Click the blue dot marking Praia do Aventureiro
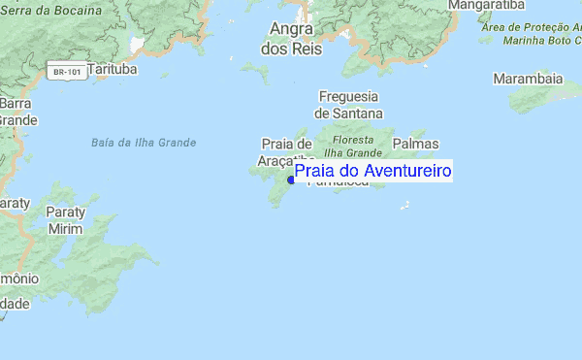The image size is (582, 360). tap(291, 180)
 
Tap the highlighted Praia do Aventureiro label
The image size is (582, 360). tap(373, 172)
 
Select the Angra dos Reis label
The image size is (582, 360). tap(291, 38)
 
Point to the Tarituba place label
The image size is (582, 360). tap(113, 70)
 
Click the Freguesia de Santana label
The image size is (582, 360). tap(349, 104)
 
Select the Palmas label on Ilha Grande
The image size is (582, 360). tap(415, 144)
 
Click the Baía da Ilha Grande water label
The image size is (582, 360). tap(143, 143)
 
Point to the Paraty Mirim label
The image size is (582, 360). tap(66, 219)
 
